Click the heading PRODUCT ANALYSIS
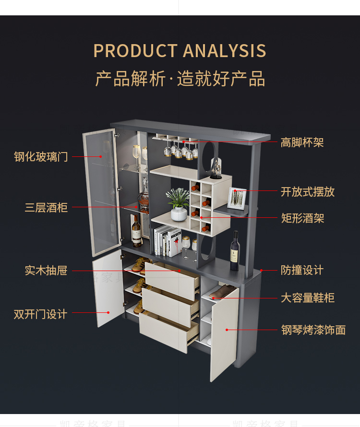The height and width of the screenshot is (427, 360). click(x=180, y=51)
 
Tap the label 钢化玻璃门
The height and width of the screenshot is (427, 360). click(x=41, y=157)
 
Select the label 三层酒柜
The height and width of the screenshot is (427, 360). click(x=46, y=208)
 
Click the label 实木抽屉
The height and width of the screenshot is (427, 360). click(x=46, y=271)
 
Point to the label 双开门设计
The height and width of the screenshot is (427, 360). click(x=40, y=314)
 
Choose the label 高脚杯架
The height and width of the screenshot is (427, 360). click(x=302, y=142)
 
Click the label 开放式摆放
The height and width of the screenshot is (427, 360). click(x=308, y=192)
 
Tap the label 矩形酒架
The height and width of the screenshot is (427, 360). click(x=302, y=218)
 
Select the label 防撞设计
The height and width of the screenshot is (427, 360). click(x=302, y=270)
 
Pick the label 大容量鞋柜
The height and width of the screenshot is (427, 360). click(x=308, y=298)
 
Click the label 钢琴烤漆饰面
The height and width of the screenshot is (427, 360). click(x=313, y=330)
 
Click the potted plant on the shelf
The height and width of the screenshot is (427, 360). click(x=179, y=204)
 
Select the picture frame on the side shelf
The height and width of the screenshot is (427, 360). click(x=236, y=198)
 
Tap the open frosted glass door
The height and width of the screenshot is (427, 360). click(x=101, y=192)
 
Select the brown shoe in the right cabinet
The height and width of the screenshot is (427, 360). click(x=223, y=292)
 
